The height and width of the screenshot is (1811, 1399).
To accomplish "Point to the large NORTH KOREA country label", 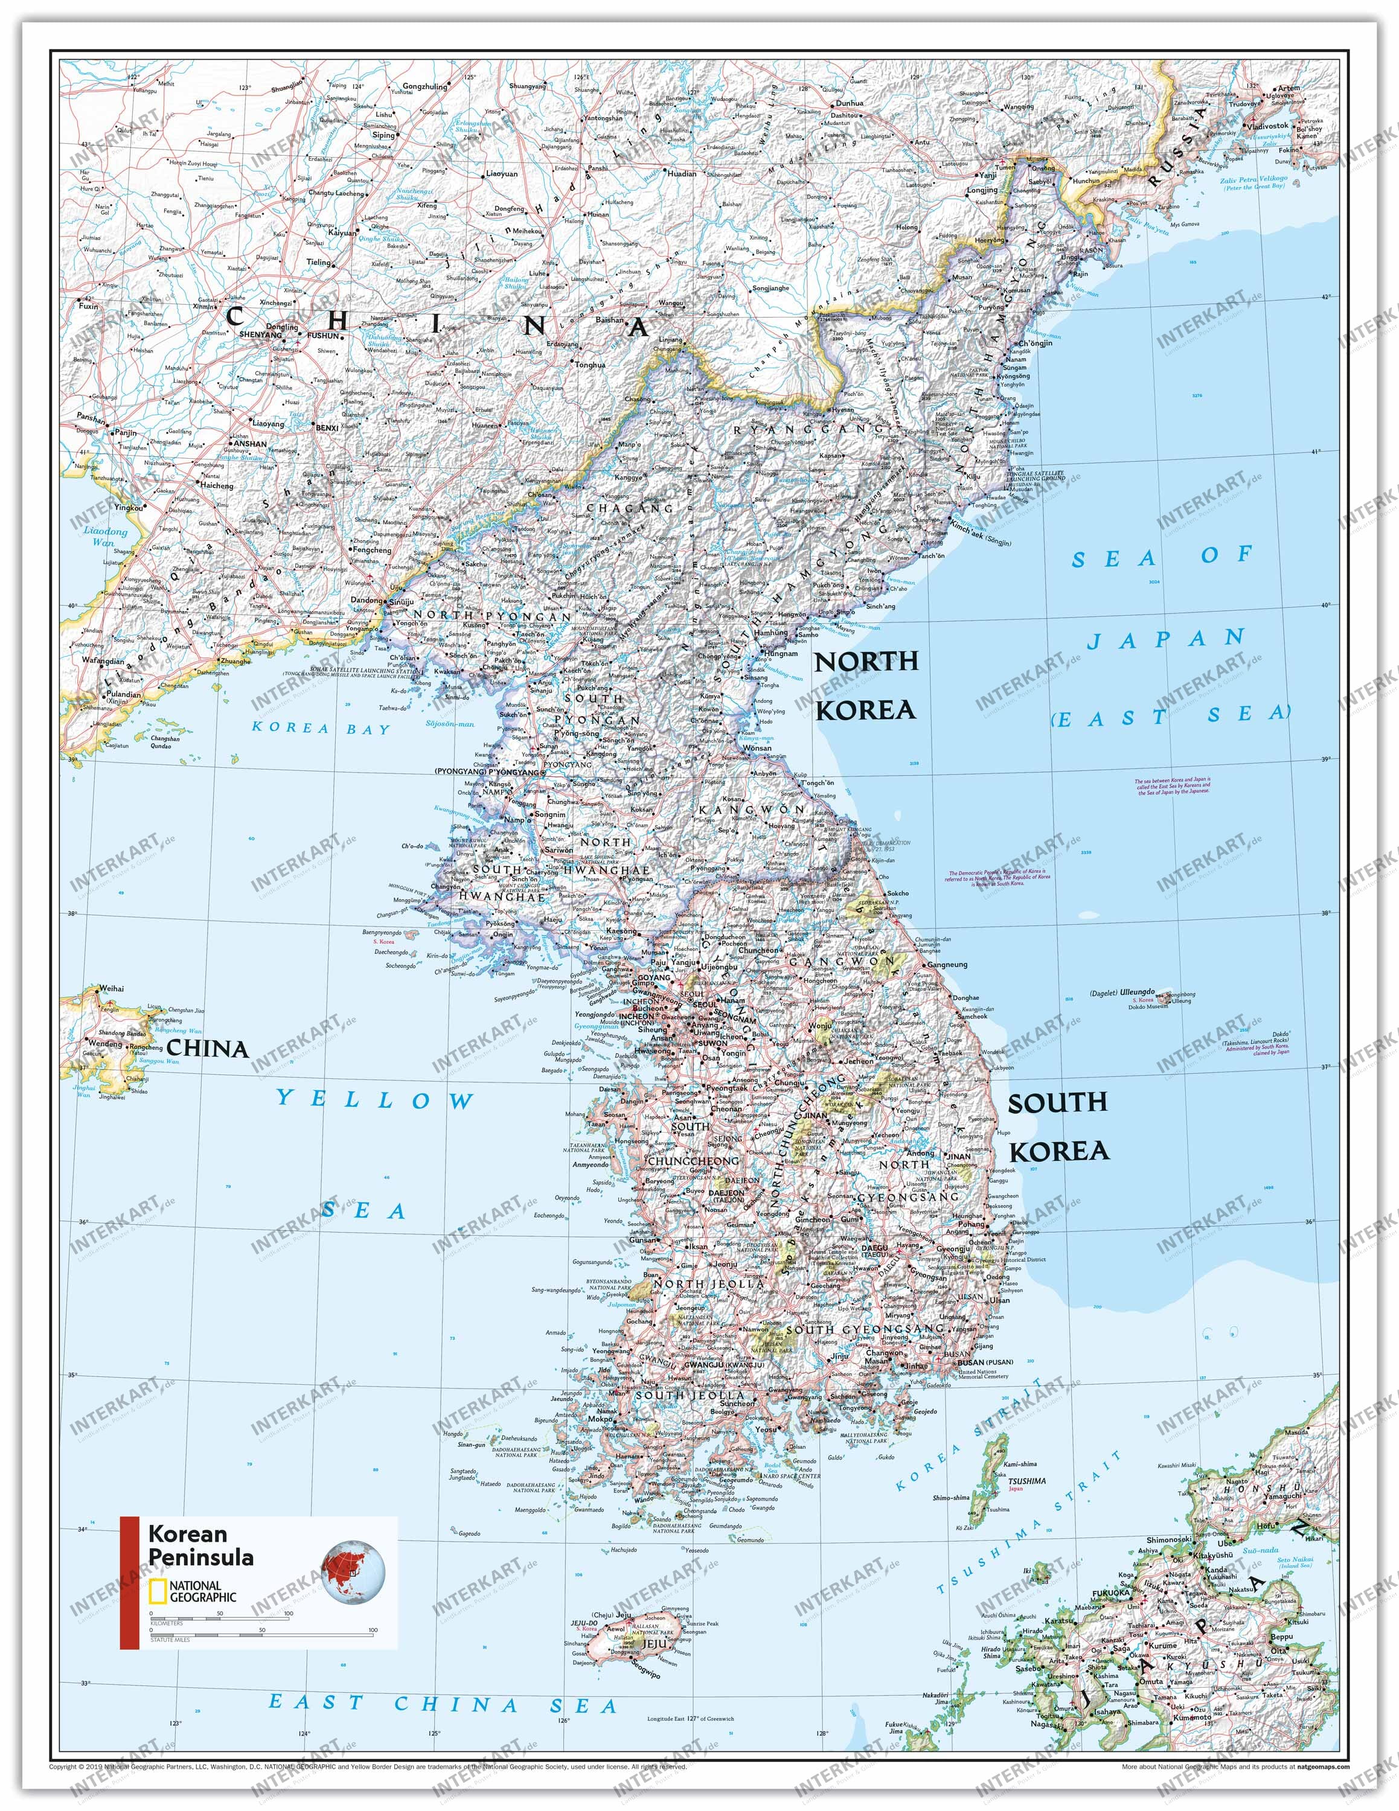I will [x=866, y=685].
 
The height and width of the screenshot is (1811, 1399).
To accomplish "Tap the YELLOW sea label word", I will [x=375, y=1100].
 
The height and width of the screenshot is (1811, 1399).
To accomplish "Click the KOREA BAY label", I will [x=321, y=729].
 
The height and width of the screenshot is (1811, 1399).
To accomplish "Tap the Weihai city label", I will [x=111, y=988].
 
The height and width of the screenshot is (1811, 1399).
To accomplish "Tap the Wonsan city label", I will [x=758, y=747].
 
